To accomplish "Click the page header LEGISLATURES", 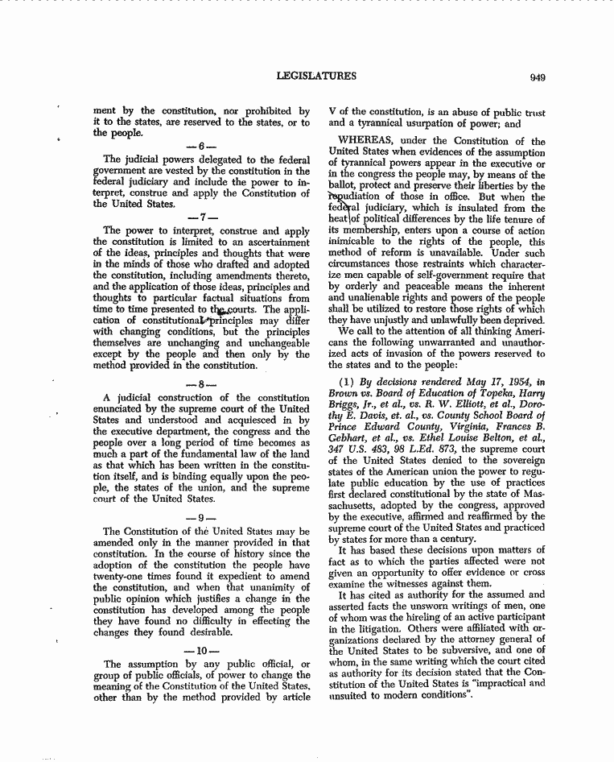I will (316, 77).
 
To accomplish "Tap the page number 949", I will (538, 77).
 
